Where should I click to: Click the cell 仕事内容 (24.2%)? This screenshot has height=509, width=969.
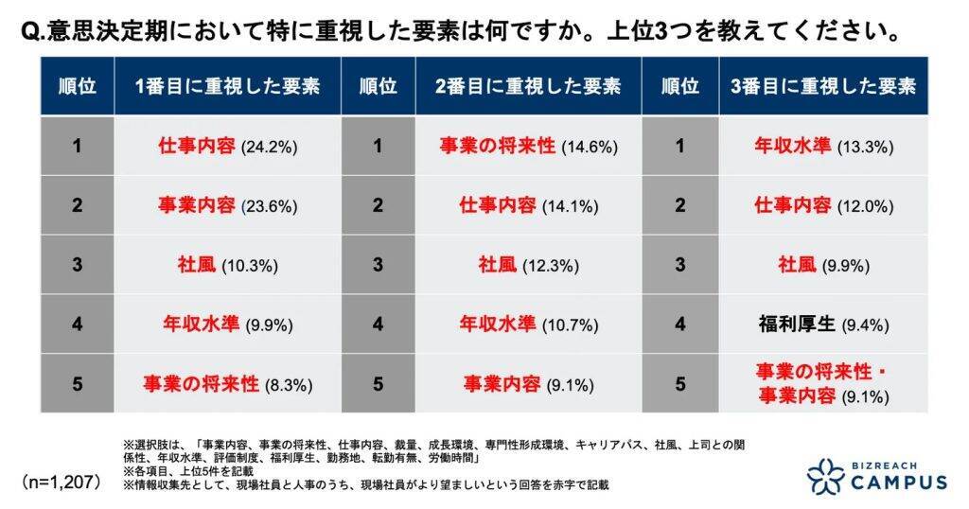point(227,147)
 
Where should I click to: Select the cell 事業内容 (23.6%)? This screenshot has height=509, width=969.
point(227,206)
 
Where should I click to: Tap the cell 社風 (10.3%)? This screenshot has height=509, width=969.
point(227,266)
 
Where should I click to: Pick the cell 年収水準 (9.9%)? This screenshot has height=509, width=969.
point(227,325)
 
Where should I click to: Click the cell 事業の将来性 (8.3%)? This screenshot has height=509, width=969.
point(227,384)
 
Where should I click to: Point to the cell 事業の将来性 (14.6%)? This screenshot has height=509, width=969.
point(528,147)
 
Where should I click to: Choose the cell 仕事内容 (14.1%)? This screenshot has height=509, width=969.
point(528,206)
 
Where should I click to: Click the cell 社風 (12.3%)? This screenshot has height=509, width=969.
point(528,266)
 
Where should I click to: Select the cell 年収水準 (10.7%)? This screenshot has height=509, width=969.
point(528,325)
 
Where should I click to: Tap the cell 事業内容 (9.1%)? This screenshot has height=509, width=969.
point(528,384)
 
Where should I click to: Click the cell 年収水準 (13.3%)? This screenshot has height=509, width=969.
point(823,147)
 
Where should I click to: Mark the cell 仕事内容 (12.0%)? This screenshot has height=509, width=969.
point(823,206)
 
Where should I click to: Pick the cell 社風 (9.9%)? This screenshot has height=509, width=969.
point(823,266)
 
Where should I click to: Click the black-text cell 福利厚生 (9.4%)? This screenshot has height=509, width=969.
point(823,325)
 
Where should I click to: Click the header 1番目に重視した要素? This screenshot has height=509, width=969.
point(227,86)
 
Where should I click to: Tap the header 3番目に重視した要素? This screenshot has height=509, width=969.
point(823,86)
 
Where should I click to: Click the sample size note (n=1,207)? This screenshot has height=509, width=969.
point(62,481)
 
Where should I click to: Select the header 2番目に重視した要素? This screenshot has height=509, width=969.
point(528,86)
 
